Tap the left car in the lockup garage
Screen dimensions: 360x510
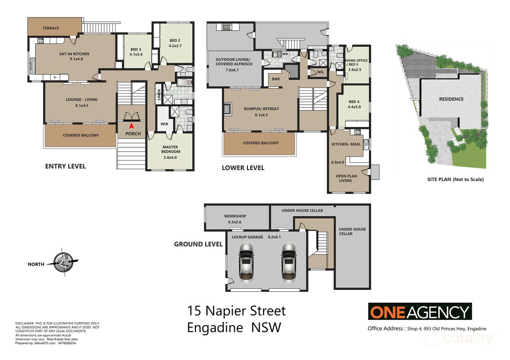[246, 263]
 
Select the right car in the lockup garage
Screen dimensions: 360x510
[288, 263]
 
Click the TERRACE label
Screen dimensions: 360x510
[51, 28]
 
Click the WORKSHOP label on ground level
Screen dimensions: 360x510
[235, 216]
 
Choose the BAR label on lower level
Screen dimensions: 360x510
[276, 79]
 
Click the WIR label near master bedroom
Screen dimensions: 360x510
[163, 124]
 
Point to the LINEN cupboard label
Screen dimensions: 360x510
[159, 95]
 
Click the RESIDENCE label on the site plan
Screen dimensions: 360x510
[451, 99]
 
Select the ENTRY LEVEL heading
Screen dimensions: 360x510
[65, 166]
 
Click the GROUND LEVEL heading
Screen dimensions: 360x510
[198, 244]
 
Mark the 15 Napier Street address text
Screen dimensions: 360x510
[236, 311]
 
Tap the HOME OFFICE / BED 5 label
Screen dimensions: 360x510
[356, 63]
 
